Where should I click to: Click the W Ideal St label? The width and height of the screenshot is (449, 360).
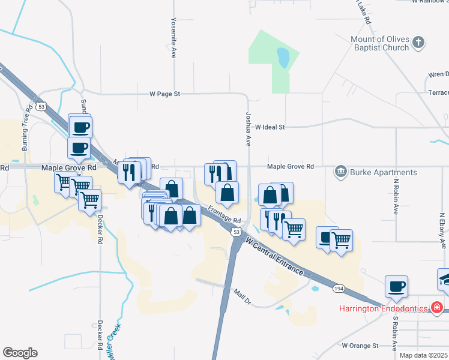click(x=270, y=127)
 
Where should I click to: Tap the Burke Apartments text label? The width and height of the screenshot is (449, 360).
click(x=383, y=172)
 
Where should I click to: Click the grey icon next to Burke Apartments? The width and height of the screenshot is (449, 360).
click(x=341, y=172)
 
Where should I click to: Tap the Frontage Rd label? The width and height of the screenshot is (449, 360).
click(x=224, y=215)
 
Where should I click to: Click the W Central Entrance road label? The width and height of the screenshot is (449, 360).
click(x=274, y=256)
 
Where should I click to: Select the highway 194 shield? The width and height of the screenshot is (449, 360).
click(x=337, y=289)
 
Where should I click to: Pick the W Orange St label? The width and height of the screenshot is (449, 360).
click(x=360, y=346)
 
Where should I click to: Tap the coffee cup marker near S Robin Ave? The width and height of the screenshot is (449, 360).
click(x=396, y=287)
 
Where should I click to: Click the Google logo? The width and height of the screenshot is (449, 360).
click(x=20, y=353)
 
